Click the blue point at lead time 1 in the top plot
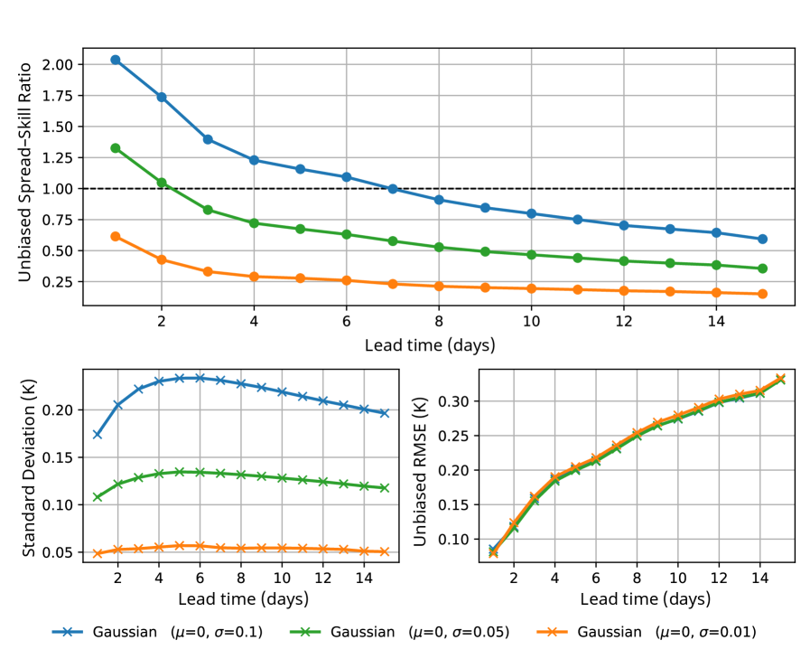pyautogui.click(x=116, y=60)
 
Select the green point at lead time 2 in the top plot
pyautogui.click(x=162, y=183)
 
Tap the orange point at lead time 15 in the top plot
pyautogui.click(x=762, y=294)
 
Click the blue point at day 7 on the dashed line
pyautogui.click(x=393, y=189)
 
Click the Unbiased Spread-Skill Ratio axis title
pyautogui.click(x=24, y=172)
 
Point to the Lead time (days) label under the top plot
pyautogui.click(x=430, y=344)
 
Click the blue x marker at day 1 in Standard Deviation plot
pyautogui.click(x=97, y=435)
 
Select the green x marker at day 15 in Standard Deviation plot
pyautogui.click(x=384, y=487)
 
